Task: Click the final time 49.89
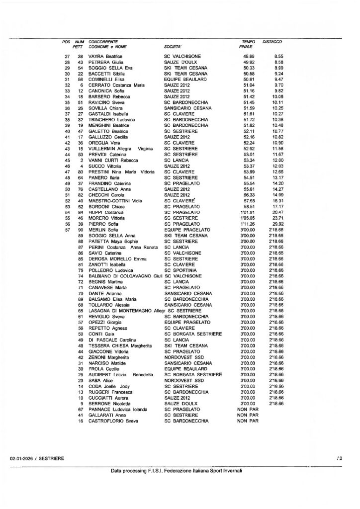(249, 57)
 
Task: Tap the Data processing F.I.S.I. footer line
(177, 470)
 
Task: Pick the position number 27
(67, 57)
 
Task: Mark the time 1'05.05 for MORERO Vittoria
(247, 218)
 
